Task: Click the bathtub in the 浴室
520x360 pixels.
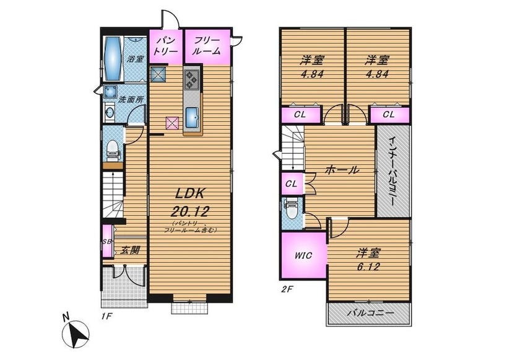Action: (114, 59)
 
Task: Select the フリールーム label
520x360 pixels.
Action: (207, 46)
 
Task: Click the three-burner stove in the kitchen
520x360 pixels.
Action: (192, 79)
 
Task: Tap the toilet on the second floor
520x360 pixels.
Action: (292, 210)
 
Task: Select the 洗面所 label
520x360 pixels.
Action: (131, 99)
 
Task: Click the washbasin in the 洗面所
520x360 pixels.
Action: (109, 112)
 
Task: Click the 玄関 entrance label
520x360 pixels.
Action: (129, 250)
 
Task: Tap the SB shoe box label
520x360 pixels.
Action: (106, 242)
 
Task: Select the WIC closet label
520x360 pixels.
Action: (303, 255)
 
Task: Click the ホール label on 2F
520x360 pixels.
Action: (342, 170)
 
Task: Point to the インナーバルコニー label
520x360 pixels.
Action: (392, 170)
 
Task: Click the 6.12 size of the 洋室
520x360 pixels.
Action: (368, 267)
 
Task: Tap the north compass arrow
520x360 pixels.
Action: (79, 333)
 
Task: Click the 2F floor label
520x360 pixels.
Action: (287, 289)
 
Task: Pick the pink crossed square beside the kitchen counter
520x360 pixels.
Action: (172, 123)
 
